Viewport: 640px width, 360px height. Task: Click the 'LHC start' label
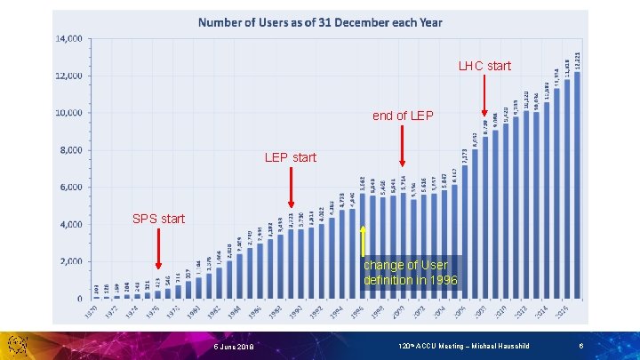coord(485,66)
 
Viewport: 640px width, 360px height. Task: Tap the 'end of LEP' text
coord(403,116)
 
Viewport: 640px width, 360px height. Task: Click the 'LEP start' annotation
coord(290,157)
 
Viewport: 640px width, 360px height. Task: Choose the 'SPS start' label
coord(158,219)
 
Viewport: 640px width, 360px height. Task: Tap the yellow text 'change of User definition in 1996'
coord(410,273)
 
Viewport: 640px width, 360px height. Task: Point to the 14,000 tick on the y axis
coord(69,39)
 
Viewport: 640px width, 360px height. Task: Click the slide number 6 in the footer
coord(580,346)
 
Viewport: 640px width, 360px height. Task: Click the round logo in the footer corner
coord(19,346)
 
